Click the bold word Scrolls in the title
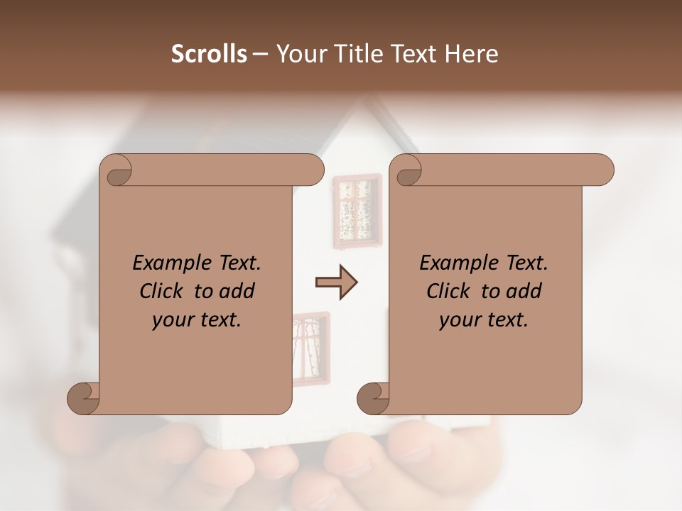[x=209, y=54]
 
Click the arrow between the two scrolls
[x=336, y=282]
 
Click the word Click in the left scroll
[x=163, y=292]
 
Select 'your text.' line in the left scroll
[x=197, y=320]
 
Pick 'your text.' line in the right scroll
[x=484, y=320]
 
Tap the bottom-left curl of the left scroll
[x=84, y=397]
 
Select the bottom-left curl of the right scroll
[x=374, y=397]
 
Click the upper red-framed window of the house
[x=357, y=211]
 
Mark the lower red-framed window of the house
[x=310, y=348]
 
